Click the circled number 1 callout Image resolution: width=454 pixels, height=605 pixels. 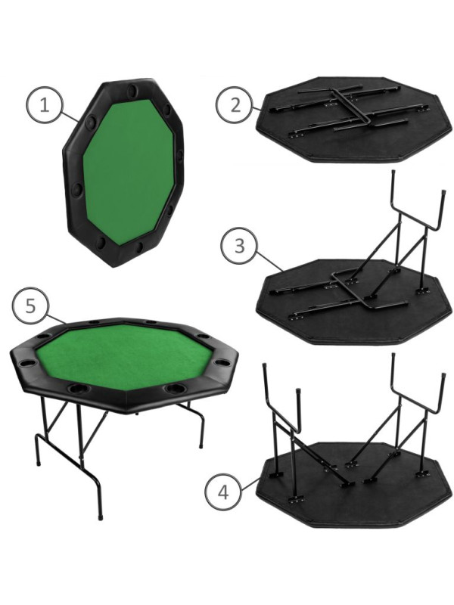pyautogui.click(x=44, y=105)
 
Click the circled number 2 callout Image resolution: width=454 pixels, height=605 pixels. pyautogui.click(x=234, y=105)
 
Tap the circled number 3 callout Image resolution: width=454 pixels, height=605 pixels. pyautogui.click(x=238, y=247)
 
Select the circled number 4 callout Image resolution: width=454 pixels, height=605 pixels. pyautogui.click(x=223, y=492)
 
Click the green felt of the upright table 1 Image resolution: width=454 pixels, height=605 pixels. pyautogui.click(x=128, y=171)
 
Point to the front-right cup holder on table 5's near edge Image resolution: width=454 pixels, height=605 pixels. pyautogui.click(x=174, y=388)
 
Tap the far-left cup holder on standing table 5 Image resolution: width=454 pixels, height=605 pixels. pyautogui.click(x=26, y=363)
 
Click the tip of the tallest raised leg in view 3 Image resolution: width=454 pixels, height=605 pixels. pyautogui.click(x=393, y=172)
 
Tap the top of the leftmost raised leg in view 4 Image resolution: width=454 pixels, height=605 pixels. pyautogui.click(x=264, y=365)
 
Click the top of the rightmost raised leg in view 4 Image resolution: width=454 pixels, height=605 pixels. pyautogui.click(x=444, y=374)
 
